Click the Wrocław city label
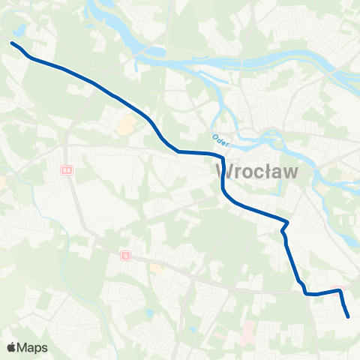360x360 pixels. click(x=256, y=172)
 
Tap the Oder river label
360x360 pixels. click(x=220, y=139)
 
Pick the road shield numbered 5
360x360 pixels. click(x=125, y=256)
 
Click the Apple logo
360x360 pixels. click(x=12, y=347)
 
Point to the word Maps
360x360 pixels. click(x=33, y=347)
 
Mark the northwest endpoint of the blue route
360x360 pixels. click(x=11, y=43)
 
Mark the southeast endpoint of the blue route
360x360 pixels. click(x=349, y=316)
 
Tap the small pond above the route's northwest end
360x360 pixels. click(x=19, y=31)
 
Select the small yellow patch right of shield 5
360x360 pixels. click(x=157, y=268)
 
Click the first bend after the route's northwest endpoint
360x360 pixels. click(x=30, y=56)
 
